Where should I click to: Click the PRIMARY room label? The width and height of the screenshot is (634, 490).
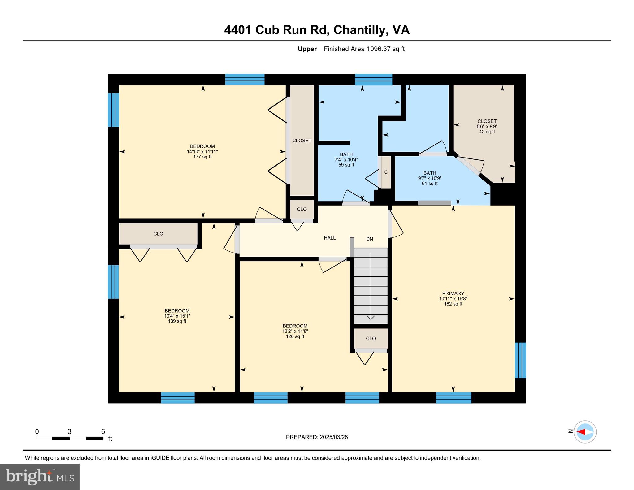pos(453,293)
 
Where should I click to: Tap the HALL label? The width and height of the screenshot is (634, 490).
pos(330,238)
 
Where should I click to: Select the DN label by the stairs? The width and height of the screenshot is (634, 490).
pos(369,239)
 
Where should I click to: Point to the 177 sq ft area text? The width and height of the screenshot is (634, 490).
pos(202,157)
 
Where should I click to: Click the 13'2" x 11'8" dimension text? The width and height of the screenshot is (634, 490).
pos(295,331)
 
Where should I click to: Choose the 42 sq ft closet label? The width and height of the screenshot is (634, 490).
pos(487,132)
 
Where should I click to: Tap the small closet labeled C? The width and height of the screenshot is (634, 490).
pos(386,172)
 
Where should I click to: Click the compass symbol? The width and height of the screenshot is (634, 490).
pos(585,432)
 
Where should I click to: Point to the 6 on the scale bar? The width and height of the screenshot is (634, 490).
pos(103,431)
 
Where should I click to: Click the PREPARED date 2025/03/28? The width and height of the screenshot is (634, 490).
pos(317,437)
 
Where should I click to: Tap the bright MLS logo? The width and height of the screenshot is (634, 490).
pos(40,476)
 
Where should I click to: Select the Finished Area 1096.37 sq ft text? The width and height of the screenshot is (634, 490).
pos(364,49)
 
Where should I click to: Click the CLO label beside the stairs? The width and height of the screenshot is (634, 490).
pos(371,338)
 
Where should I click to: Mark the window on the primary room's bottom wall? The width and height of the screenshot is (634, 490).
pos(454,397)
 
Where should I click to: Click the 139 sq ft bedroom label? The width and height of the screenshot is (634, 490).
pos(177,321)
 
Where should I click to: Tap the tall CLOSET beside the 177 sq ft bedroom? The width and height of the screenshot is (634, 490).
pos(302,141)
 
